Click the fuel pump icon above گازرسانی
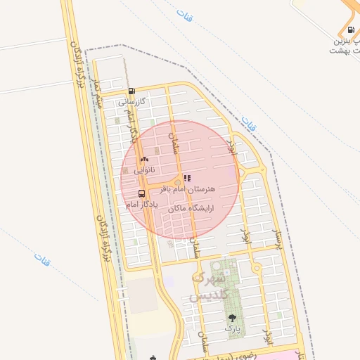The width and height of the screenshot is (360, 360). pyautogui.click(x=131, y=91)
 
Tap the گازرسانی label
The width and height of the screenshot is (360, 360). pyautogui.click(x=131, y=101)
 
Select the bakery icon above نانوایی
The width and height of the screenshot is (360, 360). pyautogui.click(x=144, y=160)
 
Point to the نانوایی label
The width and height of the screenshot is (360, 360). pyautogui.click(x=144, y=170)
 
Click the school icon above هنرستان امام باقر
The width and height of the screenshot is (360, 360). pyautogui.click(x=186, y=179)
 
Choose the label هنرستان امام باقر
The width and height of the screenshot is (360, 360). pyautogui.click(x=186, y=190)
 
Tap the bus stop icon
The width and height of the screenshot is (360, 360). pyautogui.click(x=143, y=193)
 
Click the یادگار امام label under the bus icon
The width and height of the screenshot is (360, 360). pyautogui.click(x=142, y=205)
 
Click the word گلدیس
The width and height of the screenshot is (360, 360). pyautogui.click(x=210, y=295)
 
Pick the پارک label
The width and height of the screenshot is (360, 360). pyautogui.click(x=233, y=328)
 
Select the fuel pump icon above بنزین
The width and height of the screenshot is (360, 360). pyautogui.click(x=350, y=30)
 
